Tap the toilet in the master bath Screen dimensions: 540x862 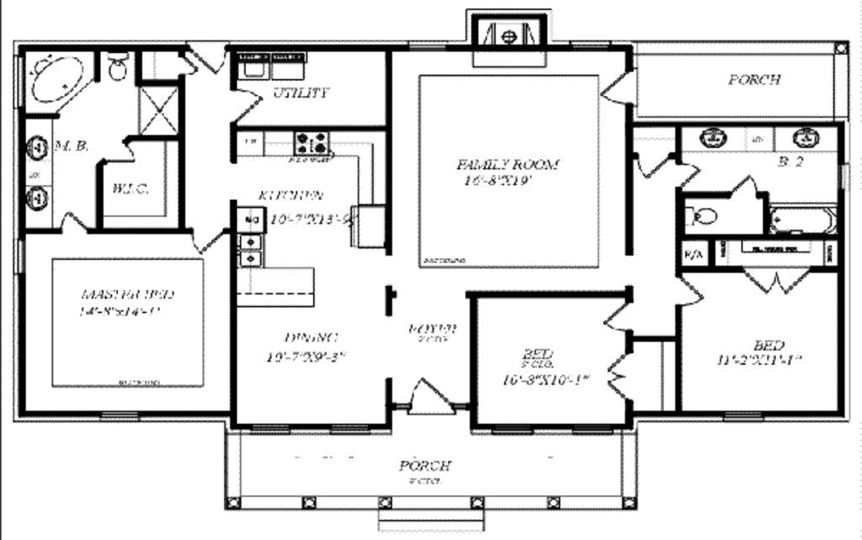(118, 67)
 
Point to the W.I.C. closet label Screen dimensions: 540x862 (130, 189)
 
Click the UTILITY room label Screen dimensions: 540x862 (301, 93)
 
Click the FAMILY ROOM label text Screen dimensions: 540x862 (508, 165)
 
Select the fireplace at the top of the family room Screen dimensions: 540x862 (508, 37)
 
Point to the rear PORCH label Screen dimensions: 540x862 (753, 81)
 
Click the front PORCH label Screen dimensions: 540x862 (425, 466)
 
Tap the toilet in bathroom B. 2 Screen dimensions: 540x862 (703, 218)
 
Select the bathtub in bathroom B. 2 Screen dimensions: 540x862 (801, 221)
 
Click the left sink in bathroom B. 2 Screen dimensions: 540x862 (714, 138)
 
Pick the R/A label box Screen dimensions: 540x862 (694, 254)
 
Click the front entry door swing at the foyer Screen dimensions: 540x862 (430, 397)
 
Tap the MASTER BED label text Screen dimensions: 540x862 (128, 295)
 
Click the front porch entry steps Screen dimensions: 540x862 (424, 522)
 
